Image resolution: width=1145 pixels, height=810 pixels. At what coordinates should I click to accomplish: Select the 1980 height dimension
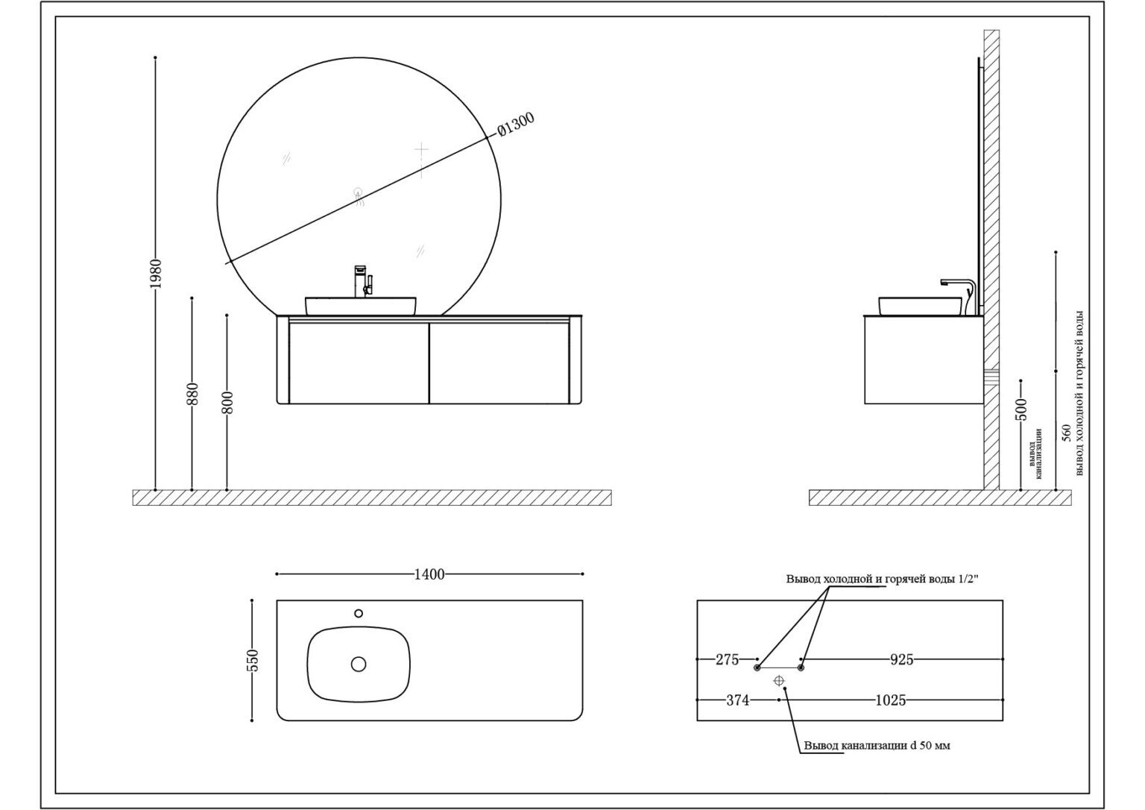tap(155, 274)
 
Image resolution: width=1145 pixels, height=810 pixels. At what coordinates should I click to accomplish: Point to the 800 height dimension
tap(227, 403)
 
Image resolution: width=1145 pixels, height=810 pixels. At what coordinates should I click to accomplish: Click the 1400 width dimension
tap(429, 574)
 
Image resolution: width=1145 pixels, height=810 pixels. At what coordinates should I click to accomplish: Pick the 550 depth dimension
tap(252, 660)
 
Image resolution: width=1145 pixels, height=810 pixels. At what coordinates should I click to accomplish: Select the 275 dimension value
tap(727, 659)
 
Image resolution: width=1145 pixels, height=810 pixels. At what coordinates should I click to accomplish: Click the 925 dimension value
tap(901, 659)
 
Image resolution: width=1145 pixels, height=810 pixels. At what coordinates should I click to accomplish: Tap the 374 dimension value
tap(737, 700)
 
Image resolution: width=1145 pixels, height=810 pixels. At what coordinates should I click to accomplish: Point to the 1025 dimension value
tap(890, 700)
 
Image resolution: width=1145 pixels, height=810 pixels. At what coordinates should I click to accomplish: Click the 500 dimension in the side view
tap(1021, 409)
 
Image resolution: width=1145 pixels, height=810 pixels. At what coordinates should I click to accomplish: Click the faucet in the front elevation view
tap(362, 281)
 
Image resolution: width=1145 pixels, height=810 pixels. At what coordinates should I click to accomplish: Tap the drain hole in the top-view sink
tap(359, 663)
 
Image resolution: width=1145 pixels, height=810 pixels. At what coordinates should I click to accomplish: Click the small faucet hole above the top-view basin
tap(359, 613)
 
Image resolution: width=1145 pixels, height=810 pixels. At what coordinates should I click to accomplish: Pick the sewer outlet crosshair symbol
tap(779, 680)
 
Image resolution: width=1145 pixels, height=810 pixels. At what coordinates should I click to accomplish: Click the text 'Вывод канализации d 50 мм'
tap(877, 746)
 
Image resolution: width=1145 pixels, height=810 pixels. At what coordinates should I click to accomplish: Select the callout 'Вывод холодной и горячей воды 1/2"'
tap(882, 579)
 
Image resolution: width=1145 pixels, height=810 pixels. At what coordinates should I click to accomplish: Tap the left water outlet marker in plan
tap(757, 668)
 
